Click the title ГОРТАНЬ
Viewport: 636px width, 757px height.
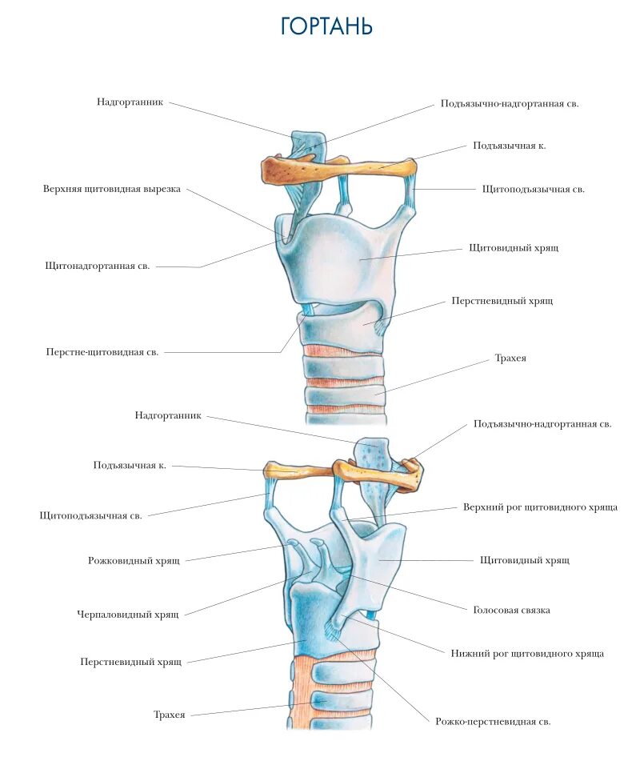326,26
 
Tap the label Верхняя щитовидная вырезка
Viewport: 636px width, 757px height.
112,189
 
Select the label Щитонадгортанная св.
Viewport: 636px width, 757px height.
98,265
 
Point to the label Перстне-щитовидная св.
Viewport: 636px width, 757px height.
102,352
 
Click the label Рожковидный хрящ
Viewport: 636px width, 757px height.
134,561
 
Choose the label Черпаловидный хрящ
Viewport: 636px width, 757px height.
128,614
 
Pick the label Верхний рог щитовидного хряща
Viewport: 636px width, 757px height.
540,507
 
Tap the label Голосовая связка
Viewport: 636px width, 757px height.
512,610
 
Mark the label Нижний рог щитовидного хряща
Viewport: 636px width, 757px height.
527,654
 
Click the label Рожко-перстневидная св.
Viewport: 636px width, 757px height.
493,722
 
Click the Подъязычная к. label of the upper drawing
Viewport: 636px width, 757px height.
510,146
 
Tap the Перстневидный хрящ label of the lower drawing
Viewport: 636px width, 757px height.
131,662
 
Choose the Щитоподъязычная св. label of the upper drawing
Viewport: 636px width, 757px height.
534,190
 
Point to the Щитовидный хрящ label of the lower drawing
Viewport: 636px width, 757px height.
525,560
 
